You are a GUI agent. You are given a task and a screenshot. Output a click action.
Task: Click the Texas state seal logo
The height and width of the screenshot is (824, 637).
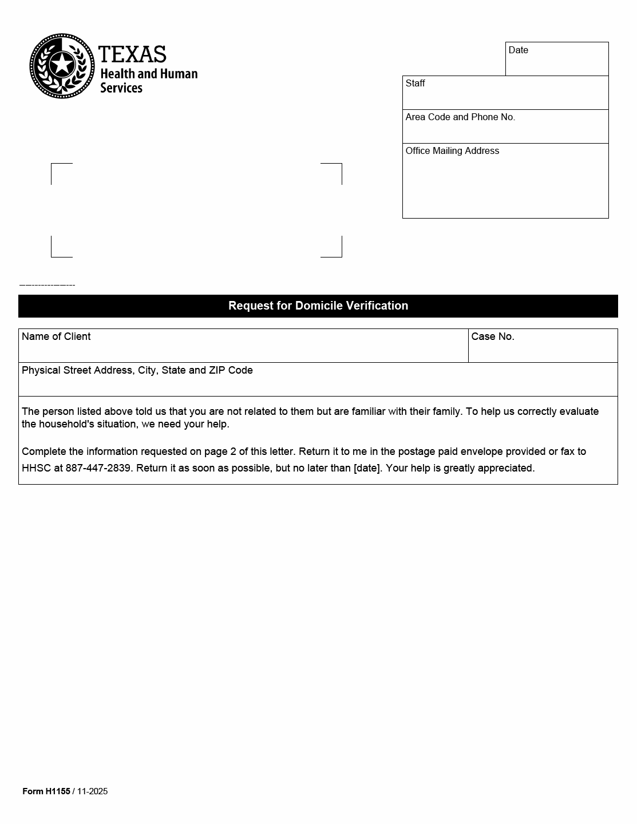[62, 66]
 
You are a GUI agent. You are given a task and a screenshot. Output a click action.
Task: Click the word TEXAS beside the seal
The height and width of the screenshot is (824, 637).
[132, 55]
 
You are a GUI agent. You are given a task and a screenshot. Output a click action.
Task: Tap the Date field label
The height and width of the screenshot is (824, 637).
[518, 50]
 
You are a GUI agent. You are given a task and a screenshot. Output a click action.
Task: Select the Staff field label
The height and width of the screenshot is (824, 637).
[415, 84]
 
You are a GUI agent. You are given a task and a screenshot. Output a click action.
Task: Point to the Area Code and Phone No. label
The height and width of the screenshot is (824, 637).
[460, 117]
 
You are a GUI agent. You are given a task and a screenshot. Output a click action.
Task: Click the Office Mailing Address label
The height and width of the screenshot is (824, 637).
[452, 151]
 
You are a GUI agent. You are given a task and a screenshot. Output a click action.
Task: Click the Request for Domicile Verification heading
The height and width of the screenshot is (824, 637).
[318, 306]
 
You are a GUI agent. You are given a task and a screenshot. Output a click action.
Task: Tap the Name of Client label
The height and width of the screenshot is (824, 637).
[56, 336]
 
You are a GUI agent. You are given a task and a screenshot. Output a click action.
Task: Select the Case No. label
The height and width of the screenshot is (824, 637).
[492, 336]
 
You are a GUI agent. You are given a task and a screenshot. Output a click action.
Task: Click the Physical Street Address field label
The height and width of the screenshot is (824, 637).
[137, 370]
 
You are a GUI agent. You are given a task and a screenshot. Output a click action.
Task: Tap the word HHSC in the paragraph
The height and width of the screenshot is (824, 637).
[35, 468]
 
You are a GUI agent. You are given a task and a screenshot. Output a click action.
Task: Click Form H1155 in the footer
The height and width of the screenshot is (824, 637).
[46, 791]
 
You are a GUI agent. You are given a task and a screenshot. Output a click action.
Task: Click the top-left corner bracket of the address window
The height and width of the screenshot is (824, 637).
[61, 172]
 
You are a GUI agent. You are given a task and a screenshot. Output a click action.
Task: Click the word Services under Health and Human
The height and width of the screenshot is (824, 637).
[121, 88]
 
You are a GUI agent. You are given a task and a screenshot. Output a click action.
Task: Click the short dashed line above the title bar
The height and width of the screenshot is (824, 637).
[47, 285]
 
